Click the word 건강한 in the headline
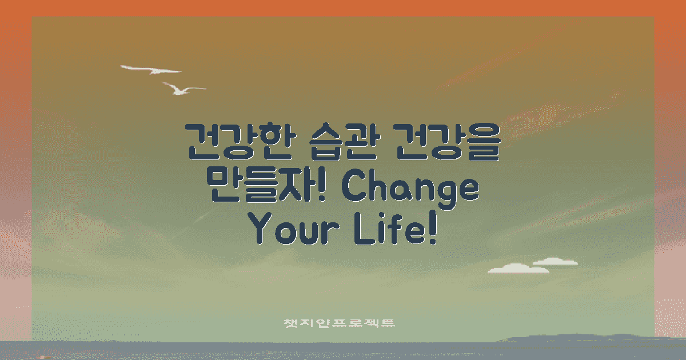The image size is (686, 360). pyautogui.click(x=236, y=141)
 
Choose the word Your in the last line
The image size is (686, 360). pyautogui.click(x=292, y=230)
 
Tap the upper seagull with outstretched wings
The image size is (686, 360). pyautogui.click(x=151, y=70)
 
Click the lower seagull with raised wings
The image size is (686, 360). pyautogui.click(x=182, y=89)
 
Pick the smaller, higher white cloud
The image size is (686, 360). pyautogui.click(x=555, y=262)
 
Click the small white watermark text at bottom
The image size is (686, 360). pyautogui.click(x=340, y=323)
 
